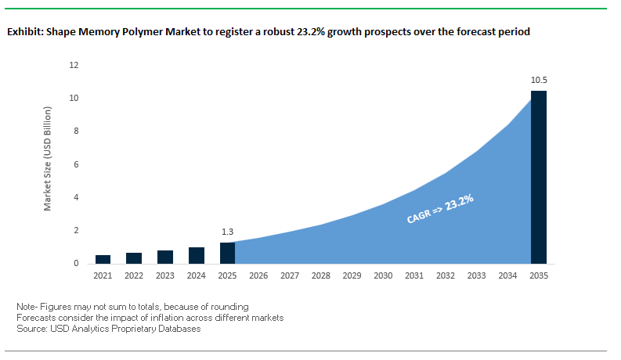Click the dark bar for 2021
click(103, 259)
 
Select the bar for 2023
click(165, 257)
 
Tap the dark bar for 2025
click(227, 253)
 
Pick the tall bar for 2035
click(539, 177)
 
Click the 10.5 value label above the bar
click(539, 81)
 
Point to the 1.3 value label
click(227, 232)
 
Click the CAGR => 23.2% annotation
click(441, 210)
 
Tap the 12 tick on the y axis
click(74, 65)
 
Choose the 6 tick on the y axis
click(77, 164)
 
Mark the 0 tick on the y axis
click(77, 264)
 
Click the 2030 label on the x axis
click(383, 276)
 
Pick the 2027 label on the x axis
click(290, 276)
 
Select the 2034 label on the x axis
click(507, 276)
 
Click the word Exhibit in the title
click(23, 33)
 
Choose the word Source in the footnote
click(30, 329)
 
